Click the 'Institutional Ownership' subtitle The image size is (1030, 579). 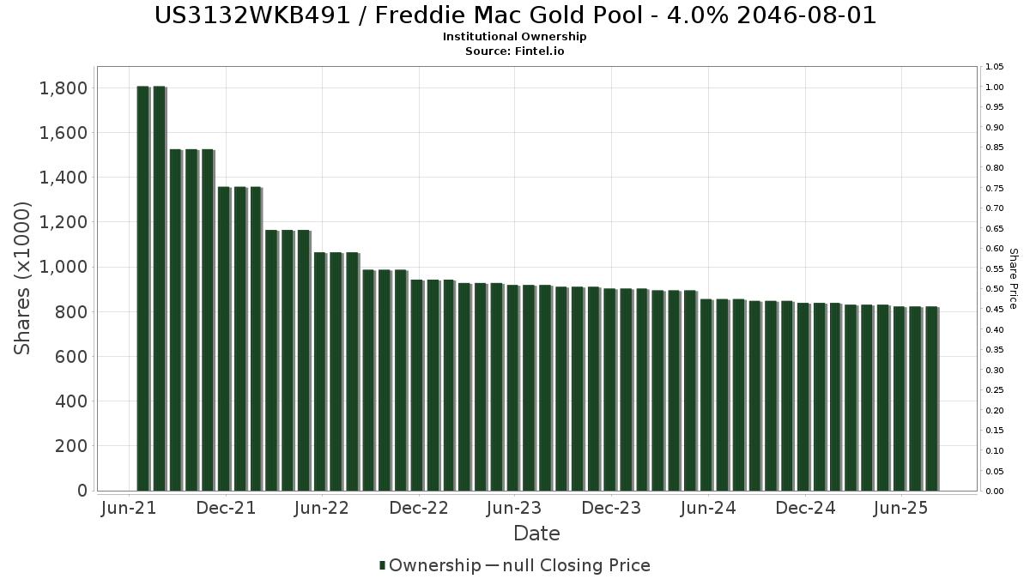pos(514,37)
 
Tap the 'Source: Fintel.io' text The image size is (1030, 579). pos(514,51)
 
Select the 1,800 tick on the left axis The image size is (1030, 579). pos(64,88)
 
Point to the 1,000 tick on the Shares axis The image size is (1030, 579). pos(64,267)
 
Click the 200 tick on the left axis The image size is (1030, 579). pos(70,446)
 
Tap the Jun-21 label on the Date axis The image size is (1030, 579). pos(129,508)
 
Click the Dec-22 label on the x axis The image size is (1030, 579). pos(419,508)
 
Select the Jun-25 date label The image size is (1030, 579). pos(901,508)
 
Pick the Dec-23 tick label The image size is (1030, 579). pos(611,508)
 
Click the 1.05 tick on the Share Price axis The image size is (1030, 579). pos(995,67)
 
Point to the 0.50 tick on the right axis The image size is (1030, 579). pos(995,289)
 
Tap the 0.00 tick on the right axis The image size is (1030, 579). pos(995,492)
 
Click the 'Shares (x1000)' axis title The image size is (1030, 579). pos(21,278)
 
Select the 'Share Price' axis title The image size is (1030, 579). pos(1013,279)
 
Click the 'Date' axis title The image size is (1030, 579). pos(536,534)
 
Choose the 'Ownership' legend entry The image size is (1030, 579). pos(430,565)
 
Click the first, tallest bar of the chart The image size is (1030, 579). pos(143,288)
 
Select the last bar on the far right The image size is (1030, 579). pos(932,398)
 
